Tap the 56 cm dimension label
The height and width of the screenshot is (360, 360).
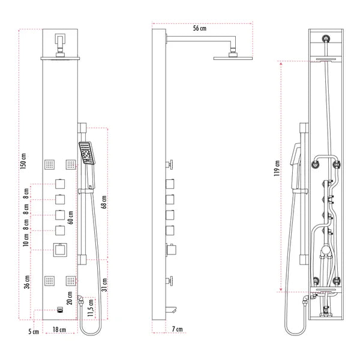coord(200,28)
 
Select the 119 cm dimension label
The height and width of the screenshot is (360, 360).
coord(277,170)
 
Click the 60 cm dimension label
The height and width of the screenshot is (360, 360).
coord(71,216)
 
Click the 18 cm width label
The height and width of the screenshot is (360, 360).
coord(59,330)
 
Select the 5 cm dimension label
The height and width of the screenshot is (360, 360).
coord(34,331)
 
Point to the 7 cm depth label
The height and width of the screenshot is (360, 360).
coord(177,329)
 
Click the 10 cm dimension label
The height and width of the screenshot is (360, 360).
coord(26,241)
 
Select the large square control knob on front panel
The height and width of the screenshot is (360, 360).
coord(60,250)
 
